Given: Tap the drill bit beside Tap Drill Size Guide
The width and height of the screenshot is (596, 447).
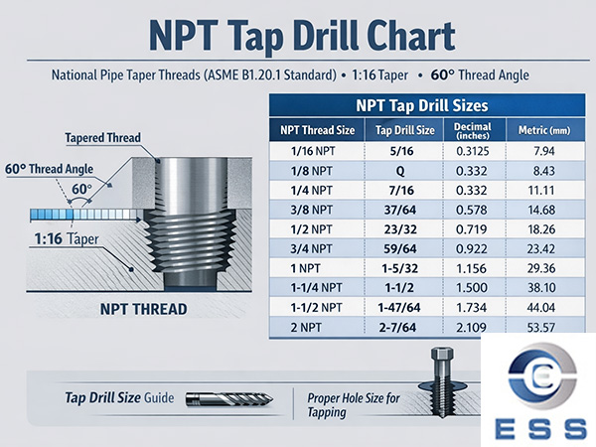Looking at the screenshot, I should coord(230,399).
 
